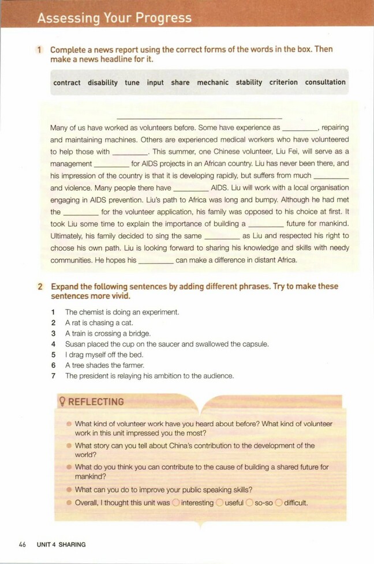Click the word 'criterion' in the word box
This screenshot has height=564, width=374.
283,82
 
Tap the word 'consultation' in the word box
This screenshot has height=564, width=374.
326,82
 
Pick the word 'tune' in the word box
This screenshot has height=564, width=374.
132,82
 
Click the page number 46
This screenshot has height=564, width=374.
23,544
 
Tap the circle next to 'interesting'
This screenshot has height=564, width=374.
176,503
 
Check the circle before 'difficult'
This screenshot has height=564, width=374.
279,503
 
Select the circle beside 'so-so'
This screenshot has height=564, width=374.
249,503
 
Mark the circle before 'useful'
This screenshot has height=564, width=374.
219,503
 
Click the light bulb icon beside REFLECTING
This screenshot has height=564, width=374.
62,401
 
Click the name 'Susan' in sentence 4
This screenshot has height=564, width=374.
76,344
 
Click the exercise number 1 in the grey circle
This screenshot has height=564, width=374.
40,50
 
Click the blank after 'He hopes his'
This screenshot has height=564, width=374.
156,261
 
